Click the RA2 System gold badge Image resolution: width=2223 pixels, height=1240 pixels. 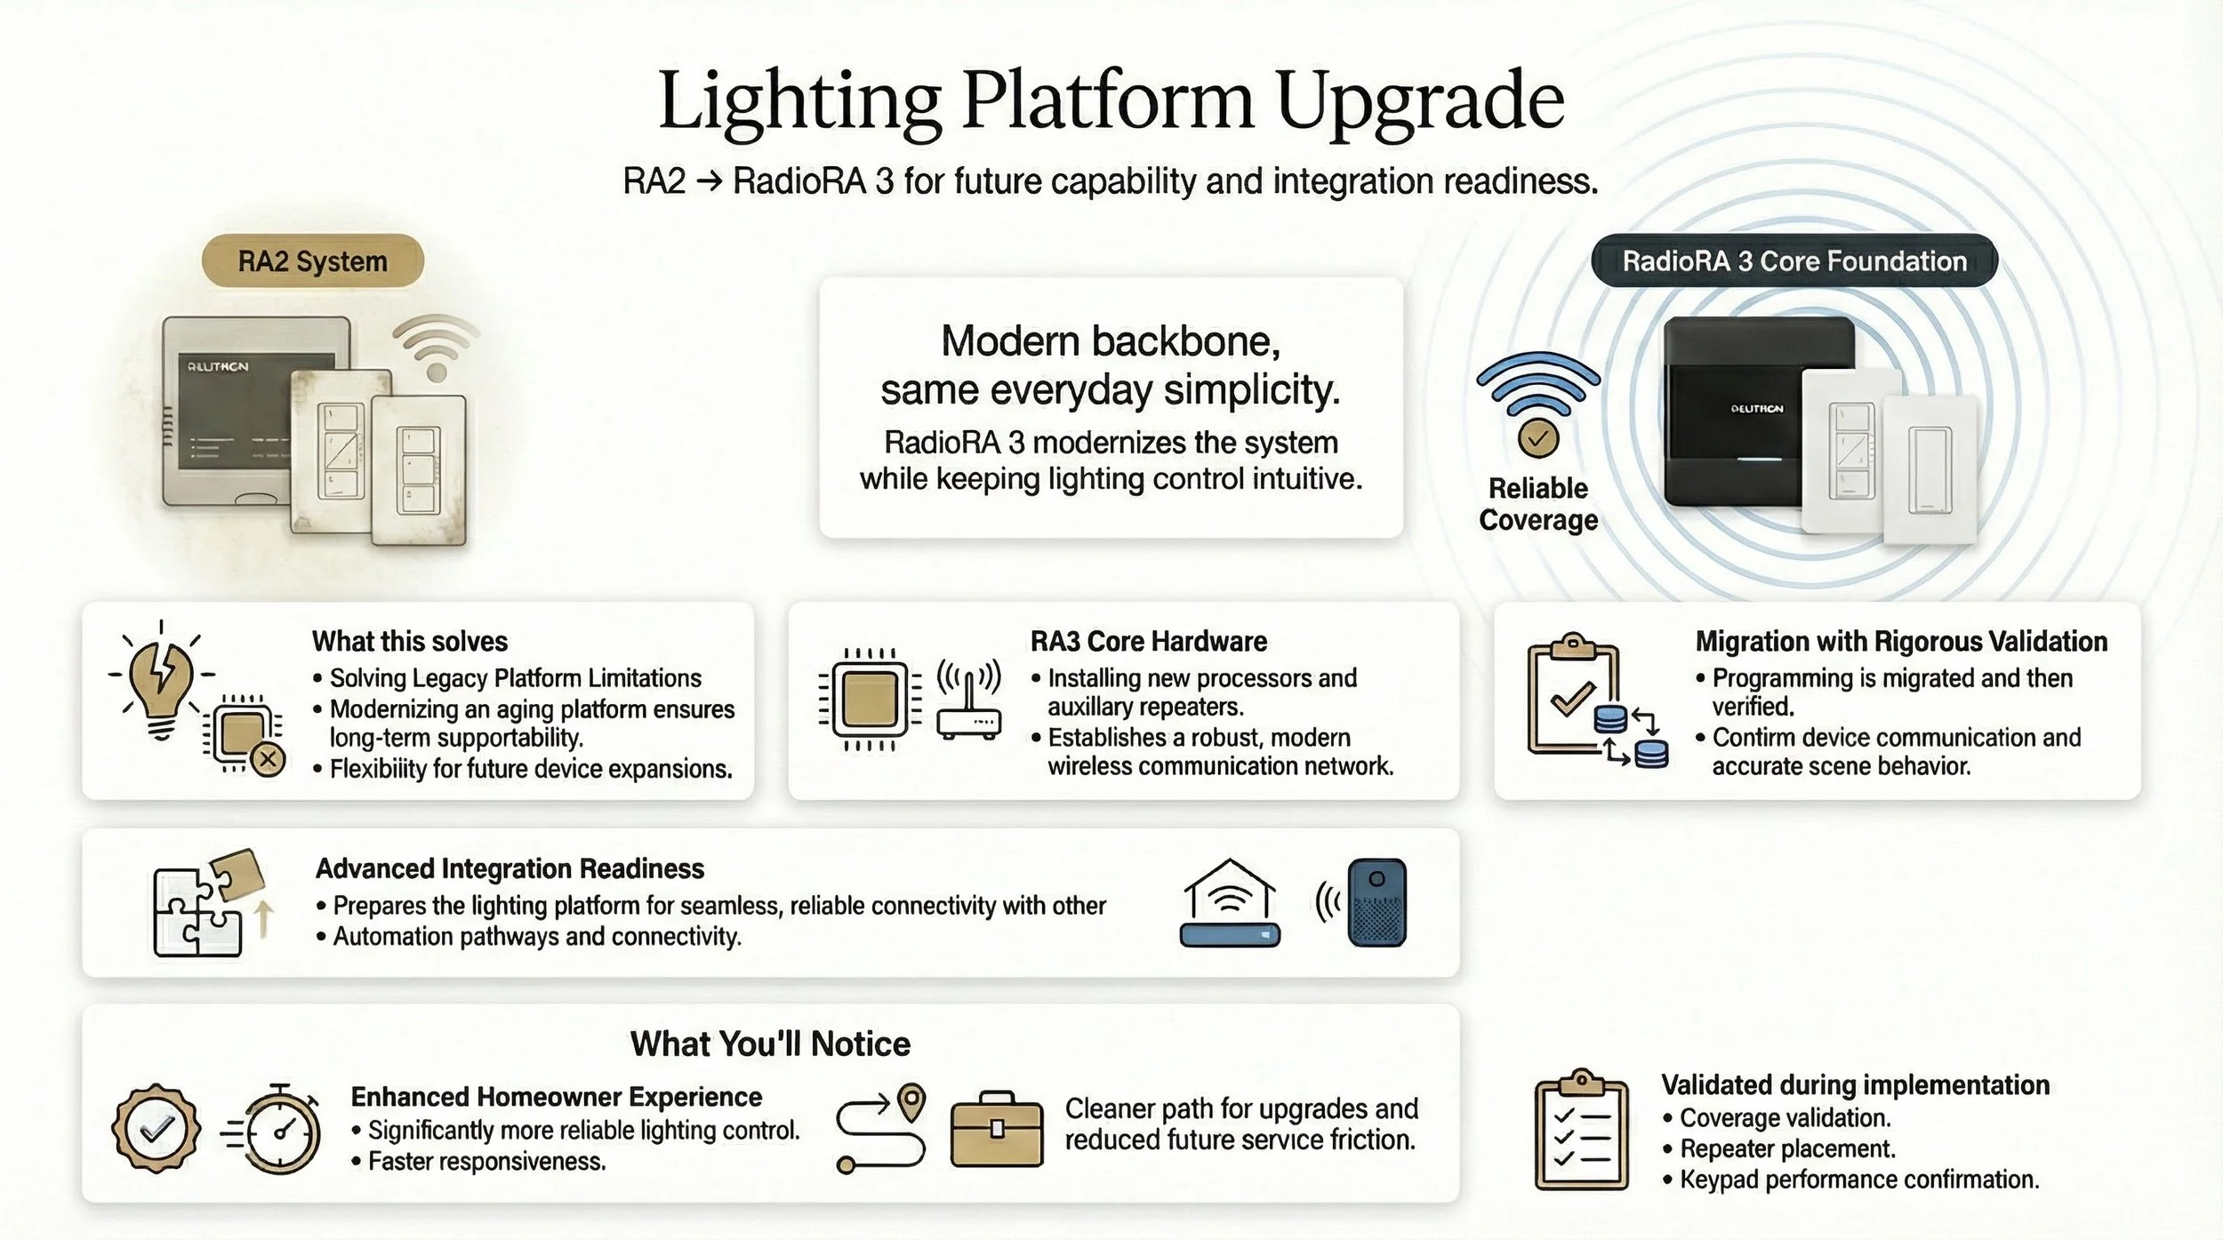click(x=312, y=261)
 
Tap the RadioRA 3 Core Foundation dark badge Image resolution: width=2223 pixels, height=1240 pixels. click(x=1794, y=261)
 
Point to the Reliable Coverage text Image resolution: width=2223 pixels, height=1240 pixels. click(x=1538, y=504)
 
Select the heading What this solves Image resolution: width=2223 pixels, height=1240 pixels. click(x=409, y=641)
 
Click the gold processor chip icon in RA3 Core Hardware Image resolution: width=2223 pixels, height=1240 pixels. click(x=869, y=700)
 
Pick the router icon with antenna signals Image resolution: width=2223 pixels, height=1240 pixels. click(x=968, y=701)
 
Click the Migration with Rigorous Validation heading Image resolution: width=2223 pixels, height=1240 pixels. click(x=1901, y=641)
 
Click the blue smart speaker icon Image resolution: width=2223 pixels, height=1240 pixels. click(x=1376, y=903)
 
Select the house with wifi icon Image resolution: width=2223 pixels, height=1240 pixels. click(x=1230, y=903)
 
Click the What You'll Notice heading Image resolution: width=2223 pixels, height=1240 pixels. click(x=770, y=1044)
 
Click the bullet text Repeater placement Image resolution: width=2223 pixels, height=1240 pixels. click(x=1787, y=1148)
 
